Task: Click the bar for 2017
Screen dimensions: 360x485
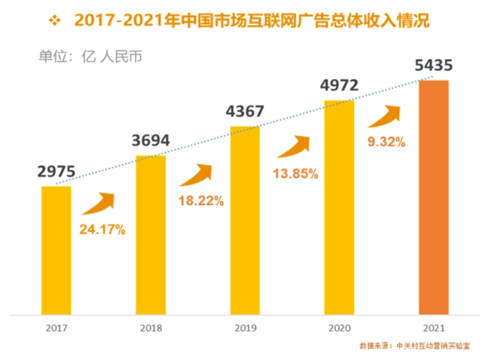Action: pyautogui.click(x=56, y=250)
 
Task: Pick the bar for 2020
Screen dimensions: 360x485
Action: pyautogui.click(x=340, y=207)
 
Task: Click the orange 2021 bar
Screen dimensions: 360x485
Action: pyautogui.click(x=434, y=197)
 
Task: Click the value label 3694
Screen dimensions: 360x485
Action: pyautogui.click(x=151, y=141)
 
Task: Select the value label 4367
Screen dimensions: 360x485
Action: pyautogui.click(x=245, y=112)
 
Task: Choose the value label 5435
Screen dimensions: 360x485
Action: pyautogui.click(x=434, y=66)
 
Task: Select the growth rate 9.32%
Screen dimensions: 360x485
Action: pyautogui.click(x=387, y=142)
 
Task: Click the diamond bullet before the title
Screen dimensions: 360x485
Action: pyautogui.click(x=54, y=21)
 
